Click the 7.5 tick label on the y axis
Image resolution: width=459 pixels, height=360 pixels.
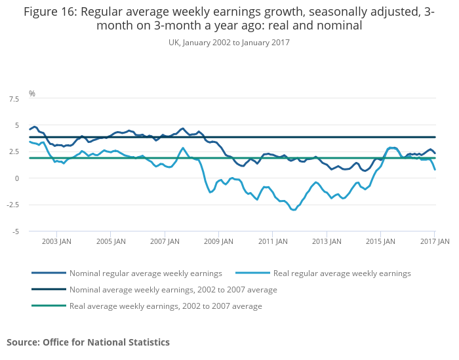coord(14,99)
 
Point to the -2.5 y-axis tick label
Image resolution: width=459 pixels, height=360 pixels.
coord(12,205)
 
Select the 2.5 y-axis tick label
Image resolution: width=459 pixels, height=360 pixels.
coord(14,151)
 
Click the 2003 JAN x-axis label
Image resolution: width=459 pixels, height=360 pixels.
coord(57,241)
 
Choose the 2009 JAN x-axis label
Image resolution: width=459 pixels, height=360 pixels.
coord(218,241)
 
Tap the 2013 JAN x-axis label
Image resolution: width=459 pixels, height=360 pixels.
coord(327,241)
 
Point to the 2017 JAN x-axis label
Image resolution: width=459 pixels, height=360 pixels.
coord(434,241)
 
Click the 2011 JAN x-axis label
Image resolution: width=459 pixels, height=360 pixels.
coord(273,241)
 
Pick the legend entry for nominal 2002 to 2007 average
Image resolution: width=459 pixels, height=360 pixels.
coord(173,289)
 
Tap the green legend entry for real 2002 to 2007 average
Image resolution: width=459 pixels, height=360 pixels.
coord(165,306)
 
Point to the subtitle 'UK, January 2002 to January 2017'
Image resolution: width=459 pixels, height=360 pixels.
coord(229,42)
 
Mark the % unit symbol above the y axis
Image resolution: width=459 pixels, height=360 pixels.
coord(31,94)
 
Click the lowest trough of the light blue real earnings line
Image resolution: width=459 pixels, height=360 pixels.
coord(294,210)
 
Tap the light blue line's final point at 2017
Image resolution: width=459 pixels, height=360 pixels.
coord(435,170)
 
